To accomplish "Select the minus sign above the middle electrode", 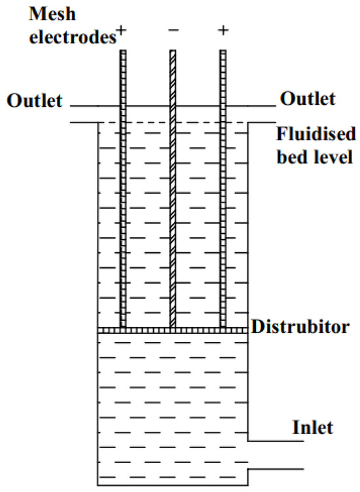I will point(173,31).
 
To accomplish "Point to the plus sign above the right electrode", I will point(223,31).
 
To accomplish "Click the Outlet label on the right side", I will point(308,99).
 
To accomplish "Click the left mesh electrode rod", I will point(122,197).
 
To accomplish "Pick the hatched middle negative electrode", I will point(173,197).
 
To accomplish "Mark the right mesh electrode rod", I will point(223,197).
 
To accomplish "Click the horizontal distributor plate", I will point(173,330).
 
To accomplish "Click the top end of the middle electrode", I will point(173,52).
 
